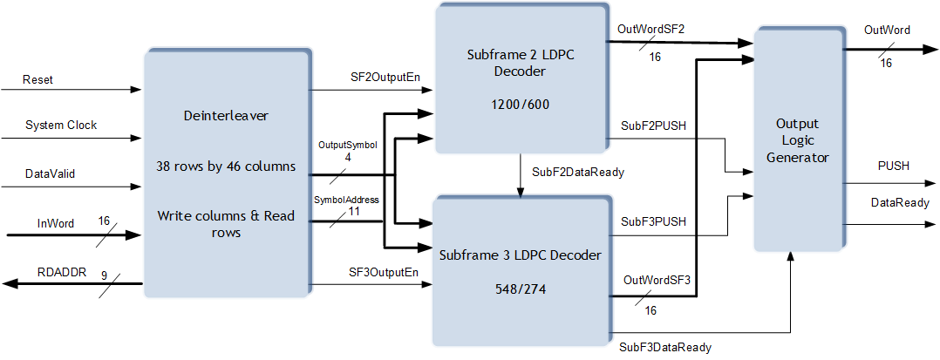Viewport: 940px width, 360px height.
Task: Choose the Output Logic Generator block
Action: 800,139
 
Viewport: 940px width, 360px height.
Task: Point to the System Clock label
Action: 61,126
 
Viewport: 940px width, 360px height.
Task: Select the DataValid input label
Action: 50,173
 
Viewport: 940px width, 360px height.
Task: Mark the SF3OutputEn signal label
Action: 372,272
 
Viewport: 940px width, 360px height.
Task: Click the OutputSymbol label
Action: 348,146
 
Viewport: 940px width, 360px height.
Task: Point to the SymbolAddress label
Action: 347,200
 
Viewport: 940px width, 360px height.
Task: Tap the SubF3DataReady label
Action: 665,348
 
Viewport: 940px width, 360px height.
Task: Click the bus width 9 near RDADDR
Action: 105,276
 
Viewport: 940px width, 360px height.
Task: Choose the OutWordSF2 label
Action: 651,30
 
